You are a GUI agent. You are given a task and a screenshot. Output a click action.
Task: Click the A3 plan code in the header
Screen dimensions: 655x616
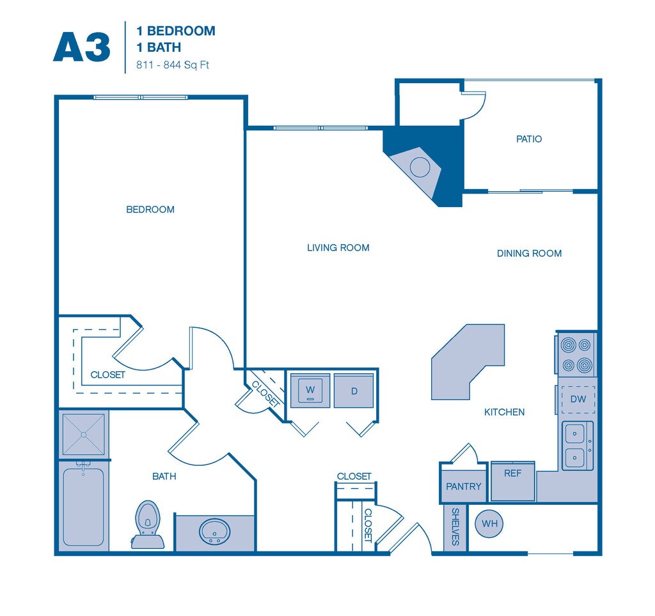pyautogui.click(x=82, y=47)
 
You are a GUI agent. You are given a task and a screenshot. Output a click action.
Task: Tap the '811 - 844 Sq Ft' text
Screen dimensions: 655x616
pyautogui.click(x=173, y=65)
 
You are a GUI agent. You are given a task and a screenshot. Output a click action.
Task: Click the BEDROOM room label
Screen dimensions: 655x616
pyautogui.click(x=150, y=210)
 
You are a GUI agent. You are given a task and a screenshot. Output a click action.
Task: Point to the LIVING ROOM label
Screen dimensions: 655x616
pyautogui.click(x=338, y=248)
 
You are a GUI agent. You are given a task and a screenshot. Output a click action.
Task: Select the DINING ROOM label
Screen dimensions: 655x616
pyautogui.click(x=529, y=254)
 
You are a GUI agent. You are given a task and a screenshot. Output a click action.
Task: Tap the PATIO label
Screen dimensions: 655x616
pyautogui.click(x=529, y=139)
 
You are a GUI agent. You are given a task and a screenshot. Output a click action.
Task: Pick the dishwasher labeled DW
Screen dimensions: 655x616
pyautogui.click(x=578, y=399)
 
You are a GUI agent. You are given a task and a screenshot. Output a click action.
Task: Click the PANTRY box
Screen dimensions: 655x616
pyautogui.click(x=464, y=486)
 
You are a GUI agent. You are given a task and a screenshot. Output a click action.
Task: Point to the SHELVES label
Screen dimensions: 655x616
pyautogui.click(x=455, y=527)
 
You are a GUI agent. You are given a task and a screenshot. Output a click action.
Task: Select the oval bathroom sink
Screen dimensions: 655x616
pyautogui.click(x=215, y=532)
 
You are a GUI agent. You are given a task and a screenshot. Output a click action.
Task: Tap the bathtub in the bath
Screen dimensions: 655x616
pyautogui.click(x=83, y=507)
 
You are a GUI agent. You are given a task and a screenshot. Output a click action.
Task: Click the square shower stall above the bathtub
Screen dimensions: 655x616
pyautogui.click(x=84, y=434)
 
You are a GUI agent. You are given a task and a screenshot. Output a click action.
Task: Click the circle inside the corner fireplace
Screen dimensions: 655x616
pyautogui.click(x=420, y=167)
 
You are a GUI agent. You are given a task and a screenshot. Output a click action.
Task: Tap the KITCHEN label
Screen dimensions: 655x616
pyautogui.click(x=504, y=413)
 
